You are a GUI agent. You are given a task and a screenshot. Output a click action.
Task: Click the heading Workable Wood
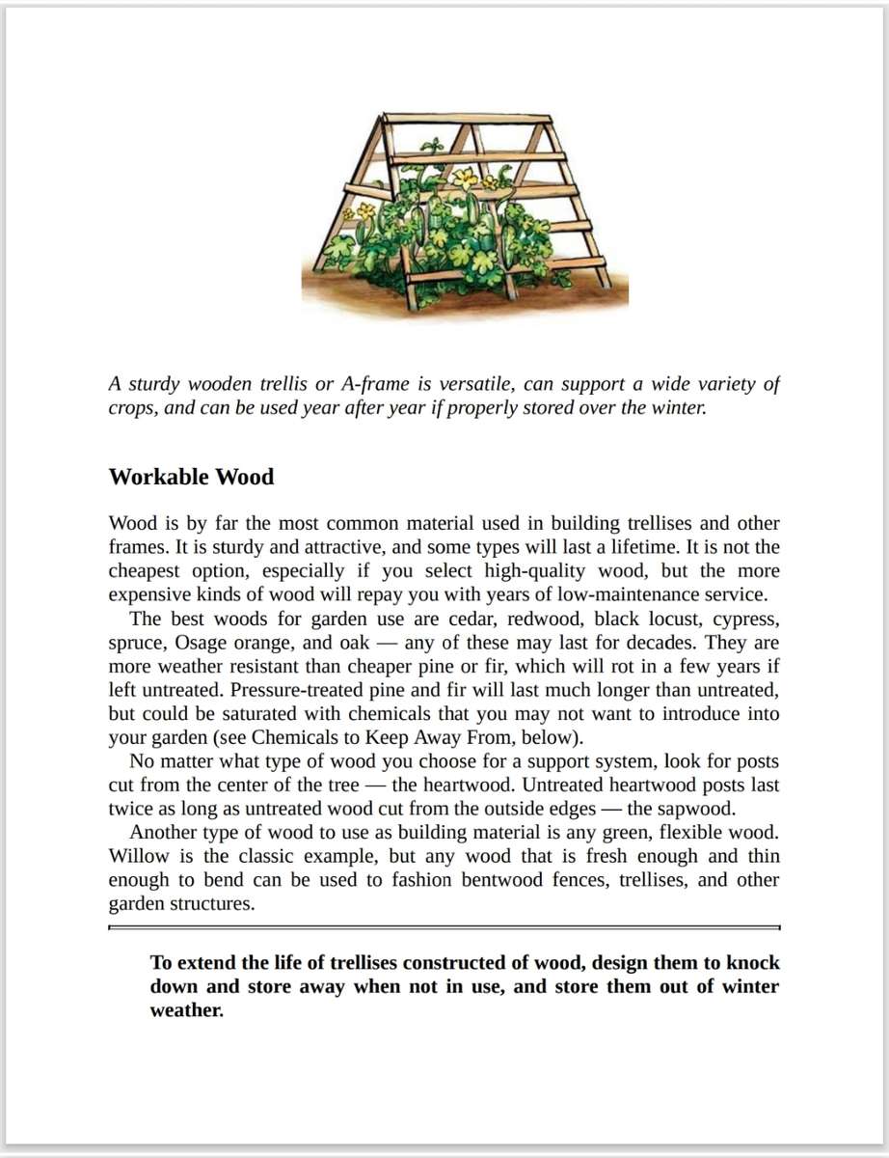click(191, 477)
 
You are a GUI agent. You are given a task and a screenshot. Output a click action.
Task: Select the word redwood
click(542, 619)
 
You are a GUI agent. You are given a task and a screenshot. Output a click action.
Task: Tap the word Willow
click(136, 856)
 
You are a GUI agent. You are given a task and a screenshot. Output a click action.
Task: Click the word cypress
click(744, 619)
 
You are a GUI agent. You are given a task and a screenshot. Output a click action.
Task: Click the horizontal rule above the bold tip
click(444, 926)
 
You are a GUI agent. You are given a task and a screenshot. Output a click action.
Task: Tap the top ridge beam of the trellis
click(463, 119)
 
